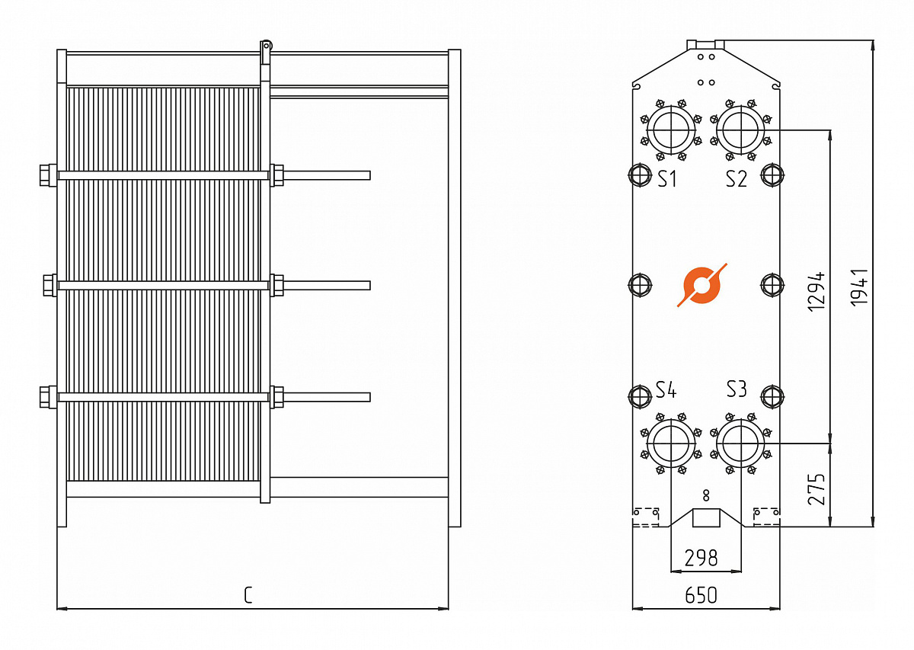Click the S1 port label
click(x=667, y=179)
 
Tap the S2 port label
click(x=736, y=179)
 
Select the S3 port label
click(x=736, y=389)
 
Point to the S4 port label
click(x=666, y=390)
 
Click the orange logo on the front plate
click(x=701, y=285)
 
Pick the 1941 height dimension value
click(x=860, y=287)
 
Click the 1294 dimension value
click(x=817, y=290)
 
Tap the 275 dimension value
click(x=817, y=488)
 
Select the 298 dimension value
click(x=701, y=558)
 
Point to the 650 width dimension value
click(x=701, y=595)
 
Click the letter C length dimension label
click(x=248, y=595)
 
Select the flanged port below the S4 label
click(x=671, y=443)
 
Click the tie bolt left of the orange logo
click(x=639, y=285)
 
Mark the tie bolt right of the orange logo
click(x=772, y=285)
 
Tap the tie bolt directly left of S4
click(x=639, y=395)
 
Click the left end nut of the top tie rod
click(x=47, y=175)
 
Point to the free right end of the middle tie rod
click(x=368, y=285)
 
